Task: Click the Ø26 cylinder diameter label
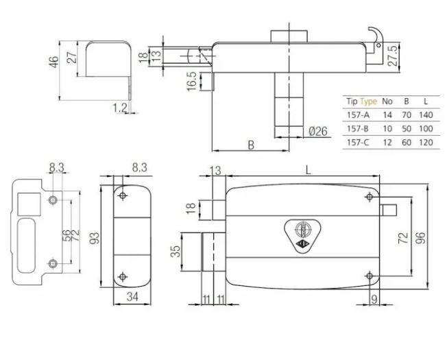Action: click(316, 131)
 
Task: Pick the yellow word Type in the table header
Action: click(369, 101)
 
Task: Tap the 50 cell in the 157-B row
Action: click(407, 128)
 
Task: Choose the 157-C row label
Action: click(357, 142)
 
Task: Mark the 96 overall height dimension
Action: click(422, 236)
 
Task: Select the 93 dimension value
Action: click(95, 237)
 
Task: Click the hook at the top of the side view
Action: click(375, 34)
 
